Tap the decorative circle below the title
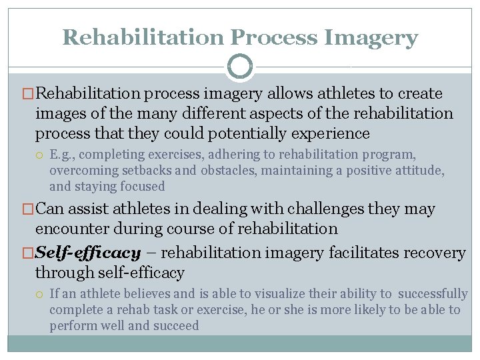click(x=240, y=67)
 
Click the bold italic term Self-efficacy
click(x=89, y=253)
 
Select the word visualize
click(x=262, y=294)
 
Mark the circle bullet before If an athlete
click(x=41, y=294)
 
